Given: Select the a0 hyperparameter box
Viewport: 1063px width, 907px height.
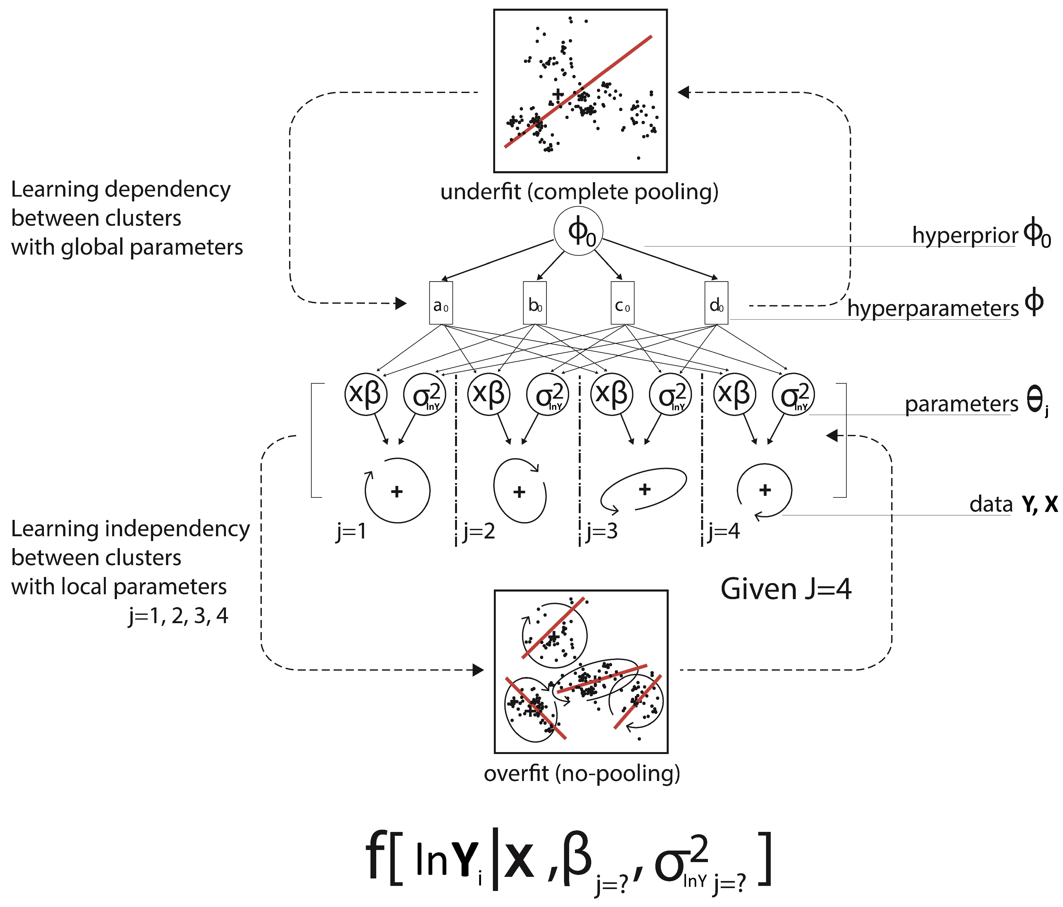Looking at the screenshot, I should [x=441, y=303].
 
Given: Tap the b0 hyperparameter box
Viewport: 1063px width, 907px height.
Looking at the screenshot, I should [x=535, y=303].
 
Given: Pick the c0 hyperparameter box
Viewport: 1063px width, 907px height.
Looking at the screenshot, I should [x=622, y=303].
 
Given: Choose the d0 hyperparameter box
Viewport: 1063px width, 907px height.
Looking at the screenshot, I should [x=716, y=303].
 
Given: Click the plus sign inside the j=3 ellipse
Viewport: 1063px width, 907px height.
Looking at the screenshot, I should [x=645, y=489].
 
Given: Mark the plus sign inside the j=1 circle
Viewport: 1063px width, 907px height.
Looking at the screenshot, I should [x=396, y=492].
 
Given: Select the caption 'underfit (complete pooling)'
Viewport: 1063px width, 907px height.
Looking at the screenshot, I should [x=579, y=192].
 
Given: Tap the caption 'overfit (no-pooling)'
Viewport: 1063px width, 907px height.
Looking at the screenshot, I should [x=581, y=773].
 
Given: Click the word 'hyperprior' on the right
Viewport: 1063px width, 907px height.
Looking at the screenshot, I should [x=965, y=236].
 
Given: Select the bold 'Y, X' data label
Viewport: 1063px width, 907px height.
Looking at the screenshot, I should [x=1039, y=504].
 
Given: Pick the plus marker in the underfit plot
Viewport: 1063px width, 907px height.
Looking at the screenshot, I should [x=558, y=94].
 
